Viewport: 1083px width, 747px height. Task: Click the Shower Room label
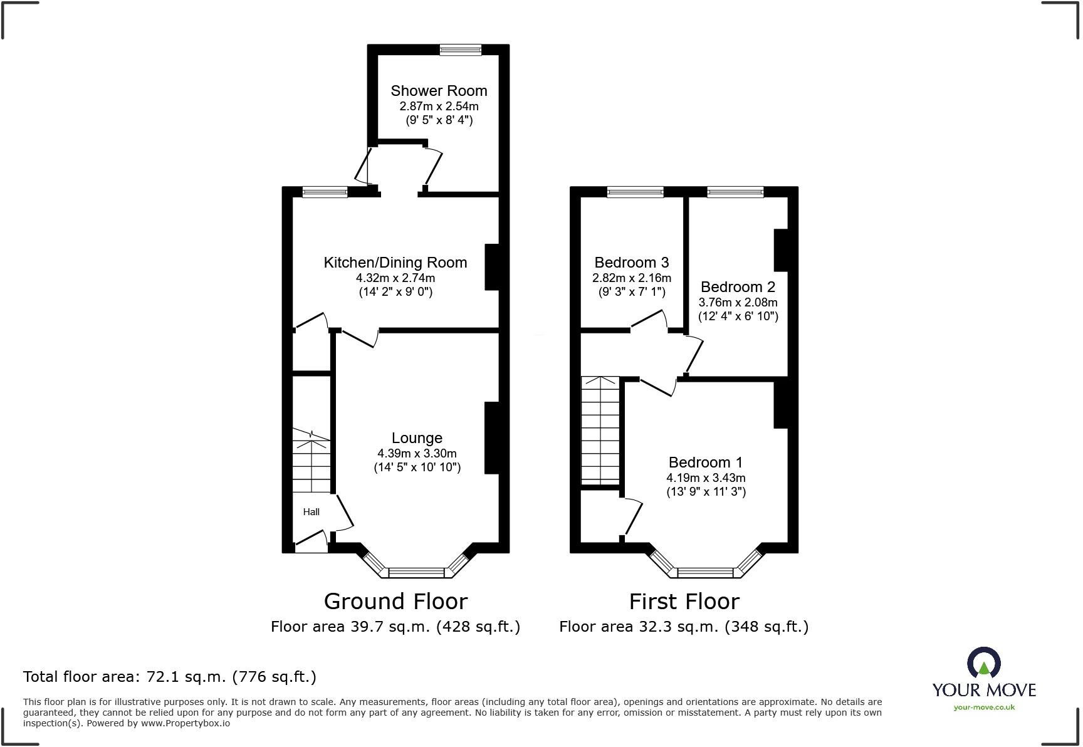(x=439, y=91)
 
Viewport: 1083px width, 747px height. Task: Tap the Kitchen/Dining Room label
(x=395, y=263)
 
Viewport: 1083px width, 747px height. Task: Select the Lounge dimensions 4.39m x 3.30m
(x=417, y=453)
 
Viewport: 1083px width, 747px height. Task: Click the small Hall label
(x=311, y=512)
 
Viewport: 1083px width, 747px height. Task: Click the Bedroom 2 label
(x=738, y=287)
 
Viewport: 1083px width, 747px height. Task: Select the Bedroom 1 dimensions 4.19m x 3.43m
(x=706, y=478)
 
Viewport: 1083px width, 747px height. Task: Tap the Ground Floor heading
(x=395, y=602)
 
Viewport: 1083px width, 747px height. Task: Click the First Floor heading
(x=684, y=602)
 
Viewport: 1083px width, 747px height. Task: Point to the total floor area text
(x=169, y=677)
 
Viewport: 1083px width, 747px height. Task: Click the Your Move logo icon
(x=983, y=663)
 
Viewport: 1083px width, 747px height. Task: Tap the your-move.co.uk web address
(x=984, y=708)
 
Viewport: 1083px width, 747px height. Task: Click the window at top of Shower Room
(x=460, y=50)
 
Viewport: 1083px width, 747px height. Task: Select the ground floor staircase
(x=311, y=461)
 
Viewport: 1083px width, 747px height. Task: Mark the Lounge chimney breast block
(x=492, y=437)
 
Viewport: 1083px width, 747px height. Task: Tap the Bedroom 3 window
(x=635, y=192)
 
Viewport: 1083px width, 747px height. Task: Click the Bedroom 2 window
(x=735, y=192)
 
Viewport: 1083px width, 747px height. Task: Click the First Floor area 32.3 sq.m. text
(x=684, y=627)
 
